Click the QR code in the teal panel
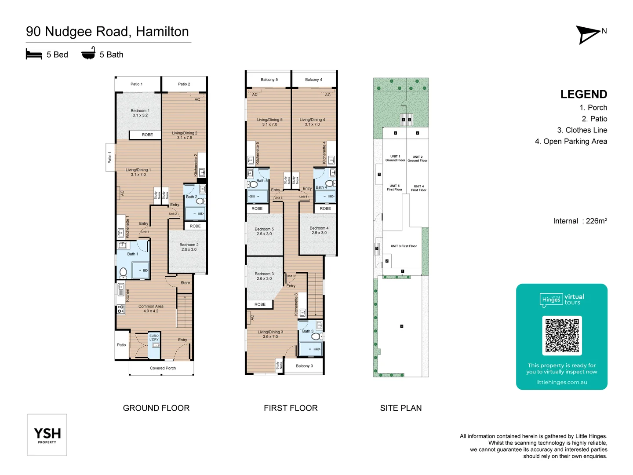tap(562, 336)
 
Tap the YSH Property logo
tap(47, 435)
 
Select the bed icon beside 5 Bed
tap(34, 55)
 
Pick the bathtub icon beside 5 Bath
tap(88, 53)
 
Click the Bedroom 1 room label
tap(140, 113)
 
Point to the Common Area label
tap(151, 309)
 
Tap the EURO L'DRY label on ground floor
tap(154, 338)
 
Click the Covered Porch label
tap(163, 368)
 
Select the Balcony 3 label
tap(304, 366)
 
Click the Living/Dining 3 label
tap(270, 334)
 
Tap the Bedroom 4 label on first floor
tap(319, 230)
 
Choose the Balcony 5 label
tap(269, 80)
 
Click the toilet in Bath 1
tap(124, 272)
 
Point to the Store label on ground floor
tap(185, 283)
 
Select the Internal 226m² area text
tap(580, 221)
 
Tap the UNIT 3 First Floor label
tap(404, 246)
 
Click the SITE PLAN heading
tap(400, 408)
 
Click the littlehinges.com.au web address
tap(561, 382)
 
